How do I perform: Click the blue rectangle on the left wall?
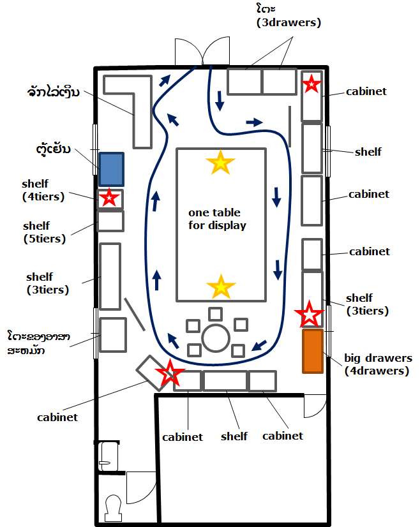click(111, 170)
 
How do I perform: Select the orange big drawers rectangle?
click(313, 351)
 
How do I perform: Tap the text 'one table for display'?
click(217, 219)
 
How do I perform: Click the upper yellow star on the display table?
click(220, 163)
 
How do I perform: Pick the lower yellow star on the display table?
click(221, 286)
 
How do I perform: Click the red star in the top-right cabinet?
click(311, 84)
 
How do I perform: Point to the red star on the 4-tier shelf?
click(109, 198)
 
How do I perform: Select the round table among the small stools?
click(216, 338)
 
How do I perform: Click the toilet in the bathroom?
click(114, 508)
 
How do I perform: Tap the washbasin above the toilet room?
click(109, 457)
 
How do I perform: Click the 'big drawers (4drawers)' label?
click(378, 364)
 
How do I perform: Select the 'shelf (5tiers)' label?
click(45, 232)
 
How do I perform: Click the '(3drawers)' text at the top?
click(289, 22)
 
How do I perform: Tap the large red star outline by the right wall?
click(310, 315)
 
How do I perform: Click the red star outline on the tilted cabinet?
click(170, 373)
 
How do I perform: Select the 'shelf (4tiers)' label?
click(43, 190)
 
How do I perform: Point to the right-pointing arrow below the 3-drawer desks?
click(254, 122)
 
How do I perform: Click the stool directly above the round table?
click(215, 315)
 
